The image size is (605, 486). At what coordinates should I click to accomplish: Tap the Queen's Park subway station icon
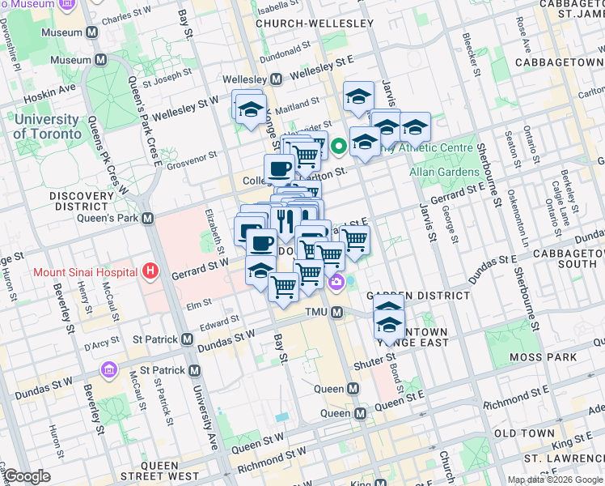point(147,218)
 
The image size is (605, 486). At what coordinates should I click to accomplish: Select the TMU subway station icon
point(337,313)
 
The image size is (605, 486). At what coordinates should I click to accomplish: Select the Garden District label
point(418,296)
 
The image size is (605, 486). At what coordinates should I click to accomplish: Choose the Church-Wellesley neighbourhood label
point(315,23)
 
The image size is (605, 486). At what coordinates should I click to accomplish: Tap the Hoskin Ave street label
point(49,92)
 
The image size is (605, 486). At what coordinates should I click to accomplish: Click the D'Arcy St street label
point(102,348)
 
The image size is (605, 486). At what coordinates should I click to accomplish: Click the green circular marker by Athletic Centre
point(338,147)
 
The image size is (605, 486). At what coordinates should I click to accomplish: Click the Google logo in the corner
point(27,476)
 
